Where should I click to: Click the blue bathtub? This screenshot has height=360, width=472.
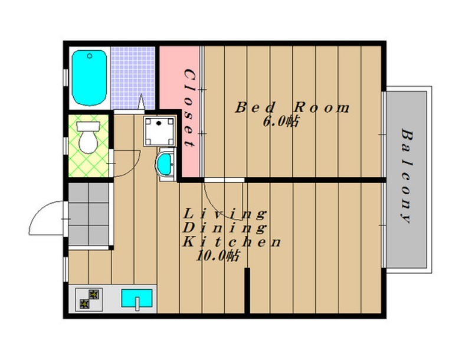90,78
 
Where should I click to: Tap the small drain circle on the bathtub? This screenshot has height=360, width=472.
90,55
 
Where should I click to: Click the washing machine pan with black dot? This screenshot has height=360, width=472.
159,131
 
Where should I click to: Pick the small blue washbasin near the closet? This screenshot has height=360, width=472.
165,163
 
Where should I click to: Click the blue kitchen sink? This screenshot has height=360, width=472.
137,298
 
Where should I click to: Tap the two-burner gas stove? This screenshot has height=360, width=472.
89,299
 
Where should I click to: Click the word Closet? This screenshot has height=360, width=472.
189,109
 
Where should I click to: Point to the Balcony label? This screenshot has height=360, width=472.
407,176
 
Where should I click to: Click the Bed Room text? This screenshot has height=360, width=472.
292,108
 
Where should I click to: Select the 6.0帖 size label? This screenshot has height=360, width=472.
281,122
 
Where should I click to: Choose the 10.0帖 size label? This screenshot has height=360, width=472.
218,256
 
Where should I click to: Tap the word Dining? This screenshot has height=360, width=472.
225,228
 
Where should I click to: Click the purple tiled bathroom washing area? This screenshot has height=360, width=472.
133,78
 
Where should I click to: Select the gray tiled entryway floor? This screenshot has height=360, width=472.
88,214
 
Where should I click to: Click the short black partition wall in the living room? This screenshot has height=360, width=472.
247,291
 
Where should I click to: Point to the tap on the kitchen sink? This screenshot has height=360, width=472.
137,304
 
